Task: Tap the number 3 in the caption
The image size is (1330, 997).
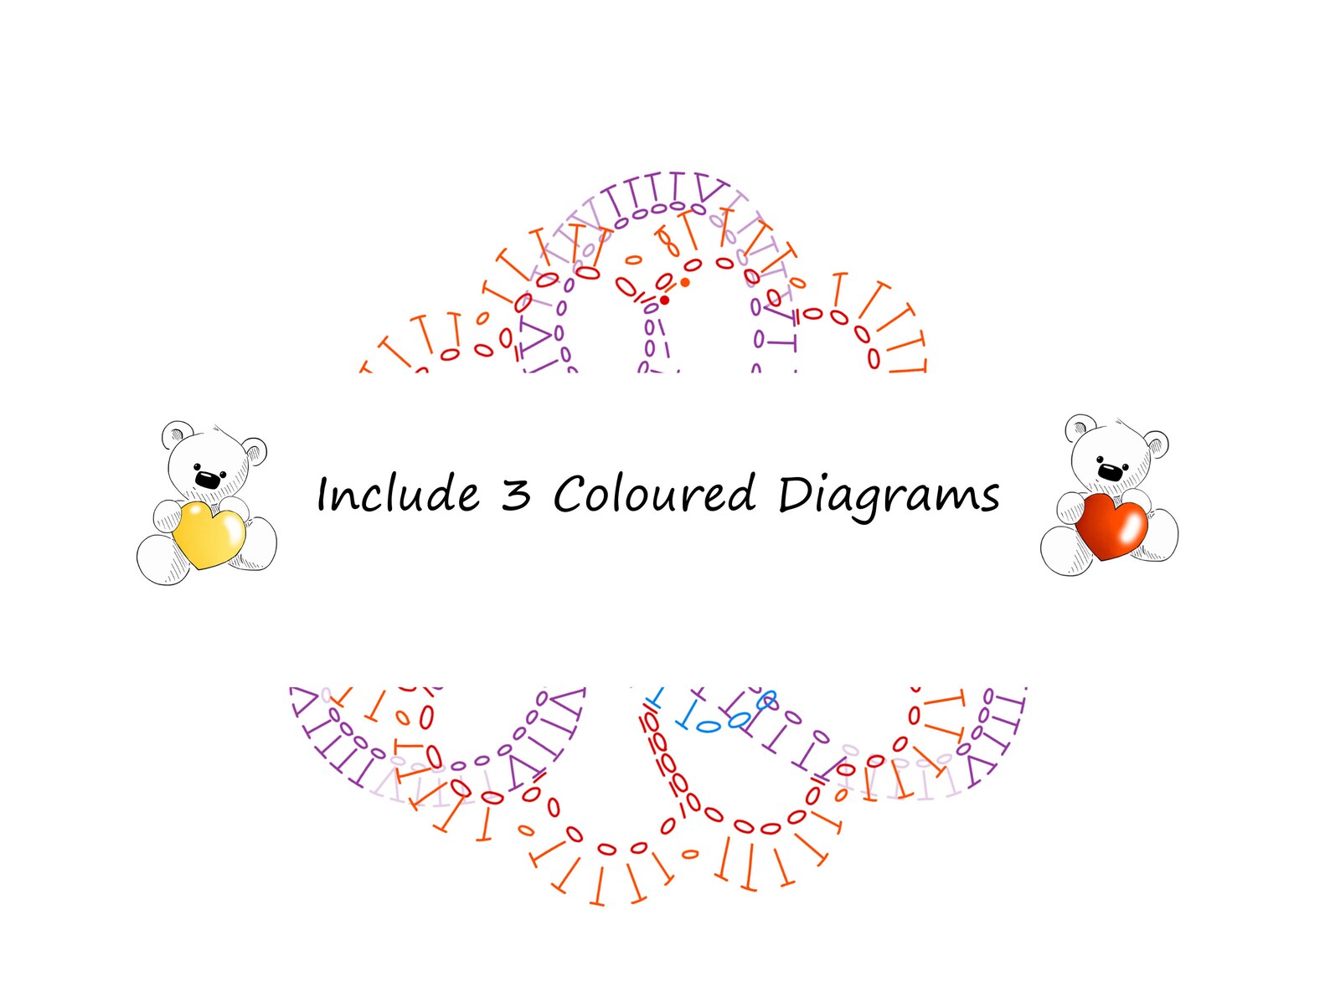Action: [516, 494]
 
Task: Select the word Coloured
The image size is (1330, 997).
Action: [654, 493]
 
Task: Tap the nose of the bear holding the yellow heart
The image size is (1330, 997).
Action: [208, 480]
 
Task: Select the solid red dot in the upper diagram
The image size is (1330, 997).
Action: [665, 301]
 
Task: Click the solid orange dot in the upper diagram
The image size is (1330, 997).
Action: [685, 282]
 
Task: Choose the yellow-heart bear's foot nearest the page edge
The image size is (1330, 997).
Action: [162, 560]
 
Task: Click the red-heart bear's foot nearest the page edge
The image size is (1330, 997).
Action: [1156, 535]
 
